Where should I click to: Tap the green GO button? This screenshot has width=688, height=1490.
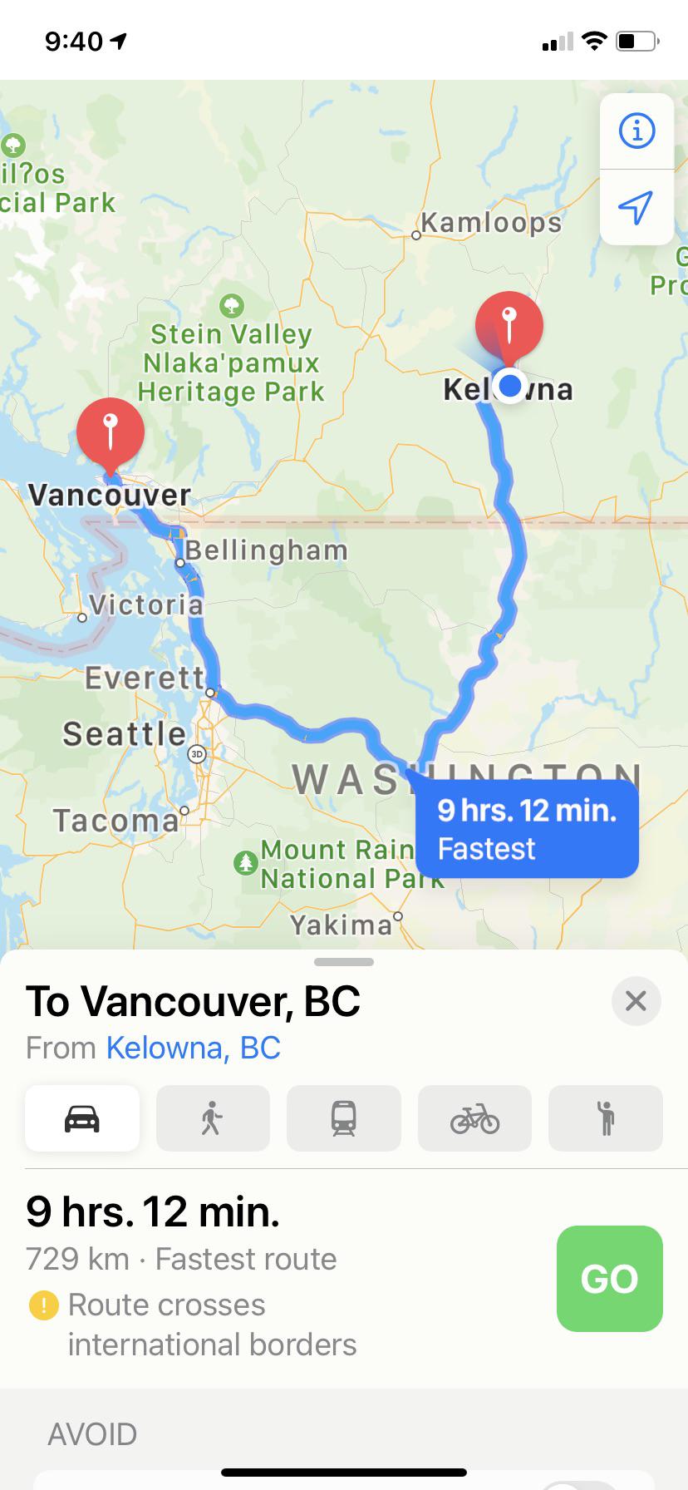click(609, 1278)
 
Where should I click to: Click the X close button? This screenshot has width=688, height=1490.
click(636, 1000)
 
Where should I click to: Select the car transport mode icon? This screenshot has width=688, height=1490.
click(82, 1118)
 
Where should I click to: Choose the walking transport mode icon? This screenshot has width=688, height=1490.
click(213, 1118)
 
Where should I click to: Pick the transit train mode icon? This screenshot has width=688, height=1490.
click(343, 1118)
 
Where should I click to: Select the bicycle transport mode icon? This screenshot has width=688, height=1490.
click(474, 1118)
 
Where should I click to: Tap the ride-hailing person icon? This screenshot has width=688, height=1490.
click(606, 1118)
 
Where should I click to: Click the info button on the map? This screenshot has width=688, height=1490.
click(636, 131)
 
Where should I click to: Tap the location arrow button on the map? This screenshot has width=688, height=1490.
click(636, 207)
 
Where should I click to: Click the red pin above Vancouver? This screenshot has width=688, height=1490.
click(110, 431)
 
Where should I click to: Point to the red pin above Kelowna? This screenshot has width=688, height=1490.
click(509, 323)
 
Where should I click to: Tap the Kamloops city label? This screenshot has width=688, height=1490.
click(491, 223)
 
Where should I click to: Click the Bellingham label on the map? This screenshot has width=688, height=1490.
click(266, 550)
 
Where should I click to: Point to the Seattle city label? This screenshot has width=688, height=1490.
click(125, 733)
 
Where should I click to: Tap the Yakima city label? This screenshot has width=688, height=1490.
click(341, 925)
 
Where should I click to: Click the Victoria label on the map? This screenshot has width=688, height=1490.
click(145, 604)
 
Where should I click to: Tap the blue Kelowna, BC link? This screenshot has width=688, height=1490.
click(193, 1048)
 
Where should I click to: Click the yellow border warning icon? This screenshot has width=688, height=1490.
click(43, 1305)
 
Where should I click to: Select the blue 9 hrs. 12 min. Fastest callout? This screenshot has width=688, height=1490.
click(527, 829)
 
